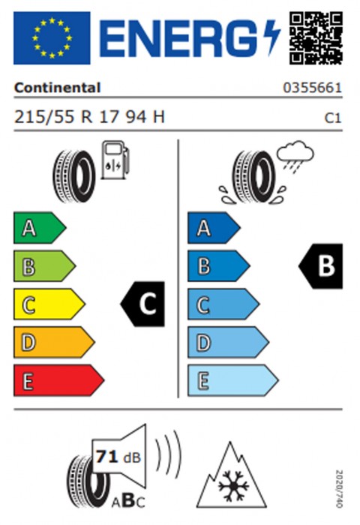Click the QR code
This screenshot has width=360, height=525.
pos(316,37)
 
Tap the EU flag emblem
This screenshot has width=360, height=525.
pos(52,37)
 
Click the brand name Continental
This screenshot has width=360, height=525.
pos(57,88)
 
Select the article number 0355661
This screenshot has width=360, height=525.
pos(313,88)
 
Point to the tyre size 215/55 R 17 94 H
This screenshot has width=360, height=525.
pos(89,117)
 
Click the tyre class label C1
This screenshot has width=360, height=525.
pos(333,118)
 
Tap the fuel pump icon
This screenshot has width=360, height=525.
pos(115,160)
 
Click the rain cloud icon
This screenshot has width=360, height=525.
pos(295,157)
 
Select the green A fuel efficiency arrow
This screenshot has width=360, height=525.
pos(40,228)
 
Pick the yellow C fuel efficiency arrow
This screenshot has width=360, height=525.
pos(49,304)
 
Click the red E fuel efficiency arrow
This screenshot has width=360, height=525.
pos(58,380)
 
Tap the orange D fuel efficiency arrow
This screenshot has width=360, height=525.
pos(54,342)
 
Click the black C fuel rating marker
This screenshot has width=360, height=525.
pos(142,304)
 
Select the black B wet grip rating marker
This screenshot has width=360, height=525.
pos(321,266)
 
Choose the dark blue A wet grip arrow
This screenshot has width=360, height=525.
pos(214,228)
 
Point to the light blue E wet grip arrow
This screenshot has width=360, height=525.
pos(232,380)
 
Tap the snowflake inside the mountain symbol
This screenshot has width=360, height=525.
pos(233,486)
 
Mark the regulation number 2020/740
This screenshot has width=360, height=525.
pos(339,489)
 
